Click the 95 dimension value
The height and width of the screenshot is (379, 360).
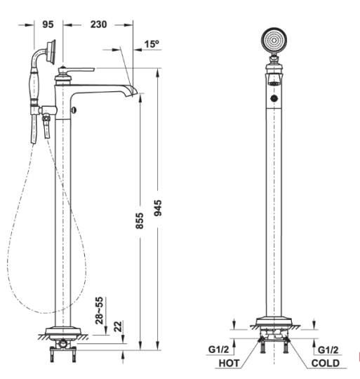[48, 25]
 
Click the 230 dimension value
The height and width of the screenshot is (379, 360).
[98, 25]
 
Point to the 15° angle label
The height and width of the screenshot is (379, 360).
[152, 44]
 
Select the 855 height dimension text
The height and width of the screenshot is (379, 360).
[140, 220]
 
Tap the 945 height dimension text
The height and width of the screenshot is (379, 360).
[158, 208]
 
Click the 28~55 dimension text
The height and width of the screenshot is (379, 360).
[99, 310]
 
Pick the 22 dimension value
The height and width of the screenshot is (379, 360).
[118, 327]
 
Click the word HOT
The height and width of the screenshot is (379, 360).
[229, 364]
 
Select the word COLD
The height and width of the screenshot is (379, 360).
[326, 364]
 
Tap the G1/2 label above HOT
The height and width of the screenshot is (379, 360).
[218, 350]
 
